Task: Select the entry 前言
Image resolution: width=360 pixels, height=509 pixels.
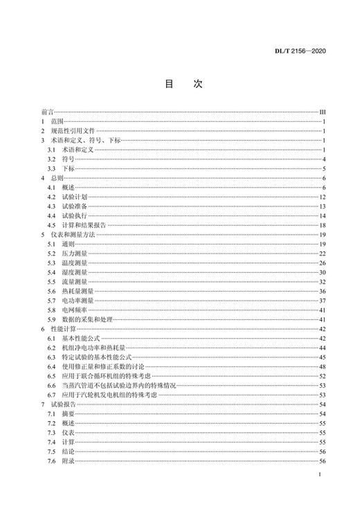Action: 47,111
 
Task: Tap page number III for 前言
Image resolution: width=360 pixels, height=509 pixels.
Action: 322,111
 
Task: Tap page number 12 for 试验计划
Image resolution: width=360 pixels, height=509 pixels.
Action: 322,197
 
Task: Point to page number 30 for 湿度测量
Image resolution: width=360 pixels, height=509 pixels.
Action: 322,272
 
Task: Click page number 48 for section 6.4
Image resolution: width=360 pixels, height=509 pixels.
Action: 322,366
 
